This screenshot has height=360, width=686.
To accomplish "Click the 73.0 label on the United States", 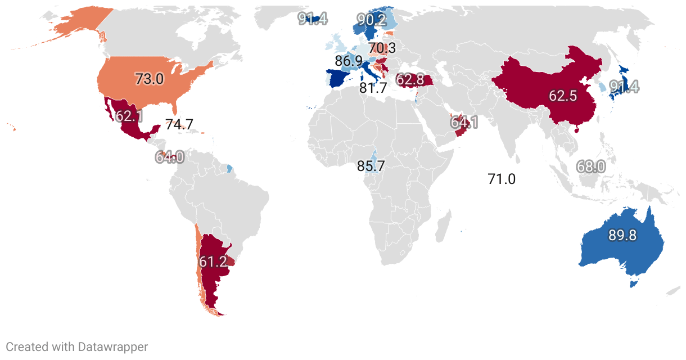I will [150, 79].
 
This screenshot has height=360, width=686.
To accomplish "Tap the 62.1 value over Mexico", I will [129, 116].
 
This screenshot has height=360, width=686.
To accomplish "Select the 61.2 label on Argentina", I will [213, 262].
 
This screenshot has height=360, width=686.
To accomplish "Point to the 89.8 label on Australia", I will [622, 236].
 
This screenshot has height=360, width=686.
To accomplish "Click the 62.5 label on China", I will [563, 96].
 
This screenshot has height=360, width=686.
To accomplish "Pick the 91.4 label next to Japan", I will [624, 87].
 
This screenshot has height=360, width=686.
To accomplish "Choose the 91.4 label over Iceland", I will [313, 20].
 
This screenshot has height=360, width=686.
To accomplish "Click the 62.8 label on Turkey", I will [410, 80].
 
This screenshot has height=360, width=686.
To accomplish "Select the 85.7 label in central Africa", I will [371, 166].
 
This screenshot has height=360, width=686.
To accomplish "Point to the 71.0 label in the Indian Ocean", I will [502, 179].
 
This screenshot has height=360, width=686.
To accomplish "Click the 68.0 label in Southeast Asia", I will [591, 166].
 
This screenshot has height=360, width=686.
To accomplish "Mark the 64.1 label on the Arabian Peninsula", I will [464, 122].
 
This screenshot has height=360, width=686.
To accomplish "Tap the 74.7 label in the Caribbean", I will [179, 125].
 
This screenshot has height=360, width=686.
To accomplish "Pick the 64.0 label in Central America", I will [170, 157].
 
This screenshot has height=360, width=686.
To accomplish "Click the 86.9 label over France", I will [349, 61].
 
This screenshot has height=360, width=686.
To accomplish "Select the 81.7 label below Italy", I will [373, 88].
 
